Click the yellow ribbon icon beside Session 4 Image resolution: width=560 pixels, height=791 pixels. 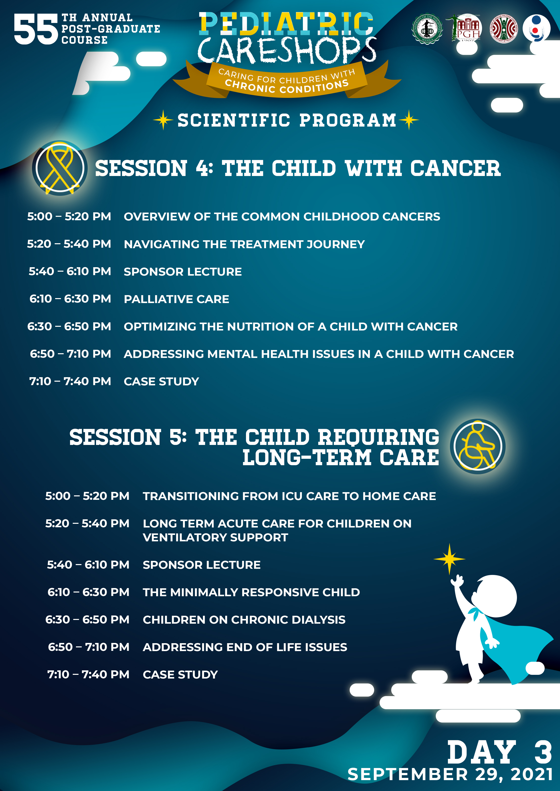(x=60, y=168)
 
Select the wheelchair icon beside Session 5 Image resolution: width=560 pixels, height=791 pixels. (x=478, y=446)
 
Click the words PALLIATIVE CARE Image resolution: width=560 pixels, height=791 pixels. (x=176, y=299)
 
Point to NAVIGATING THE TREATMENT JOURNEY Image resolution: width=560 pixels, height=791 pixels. (x=244, y=244)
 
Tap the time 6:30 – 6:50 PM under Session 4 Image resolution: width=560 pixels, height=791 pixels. (x=69, y=326)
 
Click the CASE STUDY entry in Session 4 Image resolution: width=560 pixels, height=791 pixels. (x=161, y=381)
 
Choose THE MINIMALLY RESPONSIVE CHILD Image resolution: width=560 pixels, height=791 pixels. (x=251, y=592)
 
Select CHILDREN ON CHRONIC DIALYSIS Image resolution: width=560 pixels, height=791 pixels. (x=244, y=620)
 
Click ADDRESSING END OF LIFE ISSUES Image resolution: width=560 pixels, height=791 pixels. (x=245, y=647)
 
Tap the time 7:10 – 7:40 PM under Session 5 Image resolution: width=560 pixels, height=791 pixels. (x=88, y=674)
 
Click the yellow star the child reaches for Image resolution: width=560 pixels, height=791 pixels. (x=449, y=559)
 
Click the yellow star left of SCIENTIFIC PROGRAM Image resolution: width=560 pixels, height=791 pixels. (x=164, y=120)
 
